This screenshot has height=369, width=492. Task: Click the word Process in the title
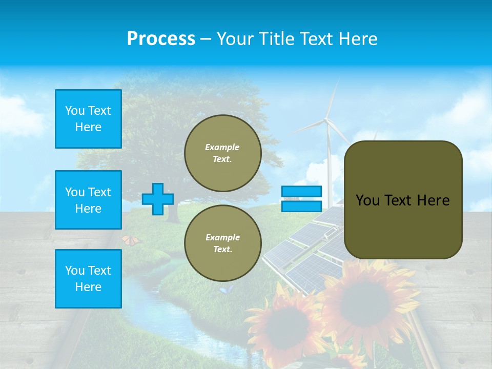[161, 39]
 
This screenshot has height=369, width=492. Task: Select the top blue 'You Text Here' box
[88, 119]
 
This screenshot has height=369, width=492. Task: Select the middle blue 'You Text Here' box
[88, 200]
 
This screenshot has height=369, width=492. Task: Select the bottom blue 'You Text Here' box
[88, 279]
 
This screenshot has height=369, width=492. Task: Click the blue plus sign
[158, 199]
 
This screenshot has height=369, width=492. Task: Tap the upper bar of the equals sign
[302, 192]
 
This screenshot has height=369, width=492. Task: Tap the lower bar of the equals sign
[302, 207]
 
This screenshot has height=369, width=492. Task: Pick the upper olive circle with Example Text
[223, 153]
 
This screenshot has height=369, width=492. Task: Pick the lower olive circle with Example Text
[223, 243]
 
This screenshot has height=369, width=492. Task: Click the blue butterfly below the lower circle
[227, 290]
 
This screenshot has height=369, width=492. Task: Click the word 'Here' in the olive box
[433, 200]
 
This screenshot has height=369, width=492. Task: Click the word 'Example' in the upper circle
[222, 147]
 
